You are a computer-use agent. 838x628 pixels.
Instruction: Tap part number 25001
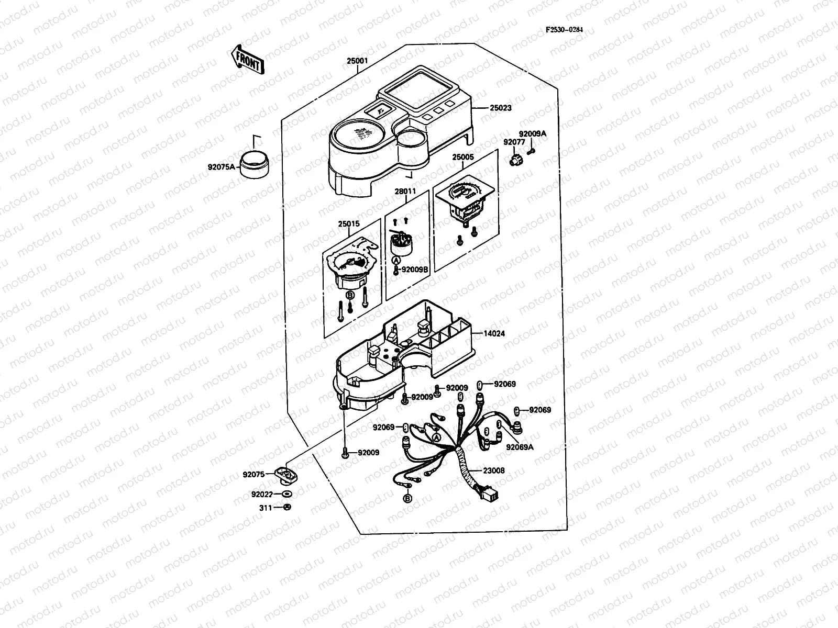[x=357, y=61]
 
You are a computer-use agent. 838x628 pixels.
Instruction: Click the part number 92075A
[x=222, y=168]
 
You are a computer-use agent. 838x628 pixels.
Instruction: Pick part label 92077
[x=514, y=142]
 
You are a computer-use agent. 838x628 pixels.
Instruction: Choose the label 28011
[x=405, y=191]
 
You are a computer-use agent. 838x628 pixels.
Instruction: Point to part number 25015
[x=348, y=224]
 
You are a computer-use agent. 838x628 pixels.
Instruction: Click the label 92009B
[x=415, y=270]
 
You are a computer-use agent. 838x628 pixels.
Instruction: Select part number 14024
[x=494, y=333]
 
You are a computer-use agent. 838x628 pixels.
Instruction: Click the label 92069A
[x=520, y=447]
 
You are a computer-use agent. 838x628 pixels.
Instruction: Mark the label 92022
[x=261, y=494]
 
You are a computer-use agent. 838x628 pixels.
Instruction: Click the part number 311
[x=266, y=507]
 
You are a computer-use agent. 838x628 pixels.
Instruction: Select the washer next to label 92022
[x=286, y=494]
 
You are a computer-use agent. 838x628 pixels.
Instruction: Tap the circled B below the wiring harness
[x=407, y=498]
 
